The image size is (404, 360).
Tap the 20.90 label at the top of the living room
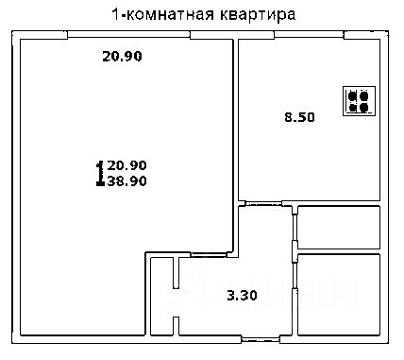point(122,56)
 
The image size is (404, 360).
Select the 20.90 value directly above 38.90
point(127,164)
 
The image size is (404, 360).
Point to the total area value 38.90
point(127,180)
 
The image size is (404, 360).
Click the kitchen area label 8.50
point(299,118)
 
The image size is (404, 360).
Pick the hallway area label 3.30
point(242,296)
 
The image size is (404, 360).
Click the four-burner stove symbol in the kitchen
point(358,101)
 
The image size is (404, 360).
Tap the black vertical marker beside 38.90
point(100,172)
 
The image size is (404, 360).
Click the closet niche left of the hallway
point(161,293)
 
